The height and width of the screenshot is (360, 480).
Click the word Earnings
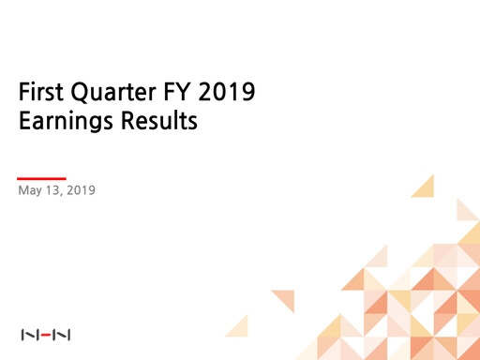67,123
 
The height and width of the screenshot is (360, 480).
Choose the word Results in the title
158,123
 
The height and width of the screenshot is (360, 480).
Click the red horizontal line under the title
42,178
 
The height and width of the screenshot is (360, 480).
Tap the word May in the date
31,191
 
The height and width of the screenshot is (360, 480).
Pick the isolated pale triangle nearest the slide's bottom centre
238,325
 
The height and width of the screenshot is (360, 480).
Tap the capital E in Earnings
24,123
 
